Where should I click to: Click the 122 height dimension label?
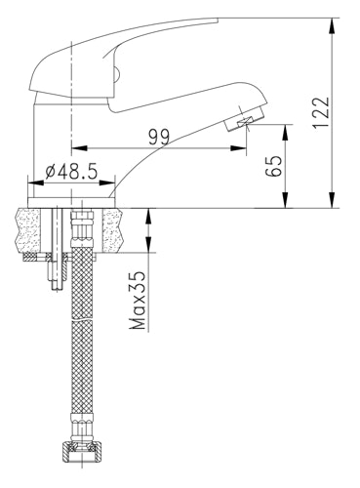(x=321, y=112)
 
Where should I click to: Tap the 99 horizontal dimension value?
(x=159, y=138)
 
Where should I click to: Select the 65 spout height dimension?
(x=273, y=166)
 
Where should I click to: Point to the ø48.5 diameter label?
(x=71, y=172)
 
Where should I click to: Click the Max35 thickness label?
(x=138, y=300)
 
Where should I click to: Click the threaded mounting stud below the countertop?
(x=58, y=249)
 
